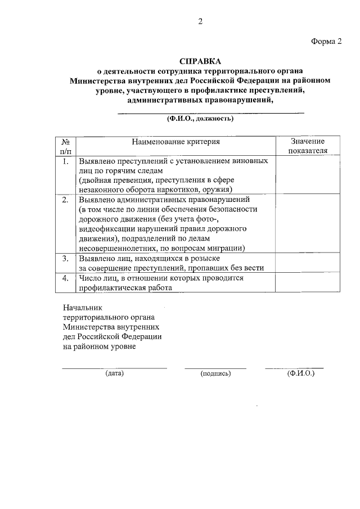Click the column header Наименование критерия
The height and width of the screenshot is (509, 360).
[x=175, y=142]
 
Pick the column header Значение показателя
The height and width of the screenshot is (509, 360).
[x=307, y=146]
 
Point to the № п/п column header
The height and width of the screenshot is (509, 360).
[x=65, y=146]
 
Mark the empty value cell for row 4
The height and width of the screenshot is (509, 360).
[x=307, y=282]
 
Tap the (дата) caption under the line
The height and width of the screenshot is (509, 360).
[x=114, y=373]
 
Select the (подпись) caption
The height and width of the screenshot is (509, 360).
[x=215, y=373]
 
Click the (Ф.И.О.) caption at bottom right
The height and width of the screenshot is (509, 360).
[x=300, y=373]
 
